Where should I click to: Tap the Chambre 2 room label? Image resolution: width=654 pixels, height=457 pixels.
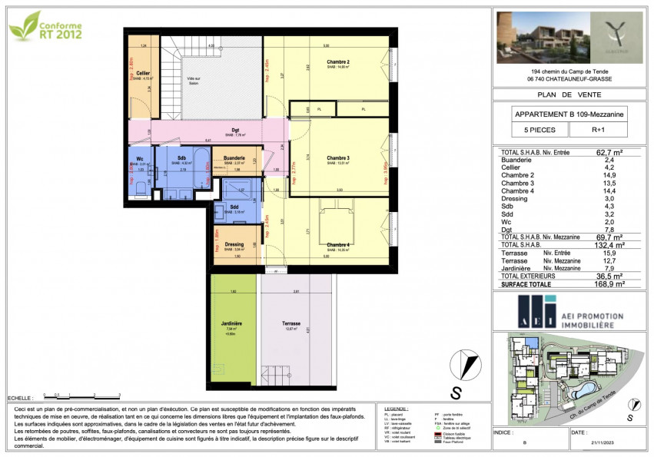tap(338, 62)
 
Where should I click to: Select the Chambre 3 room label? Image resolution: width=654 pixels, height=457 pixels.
tap(338, 158)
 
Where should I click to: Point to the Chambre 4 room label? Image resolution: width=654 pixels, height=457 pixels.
tap(338, 246)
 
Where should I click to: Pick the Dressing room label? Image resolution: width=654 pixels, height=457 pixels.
tap(234, 245)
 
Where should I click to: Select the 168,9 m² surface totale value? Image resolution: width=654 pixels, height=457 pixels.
tap(606, 283)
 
